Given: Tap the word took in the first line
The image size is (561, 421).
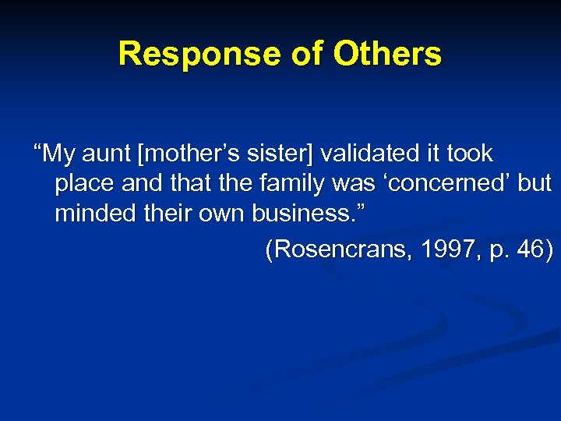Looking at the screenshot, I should point(468,154).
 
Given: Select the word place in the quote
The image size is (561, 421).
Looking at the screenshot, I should point(83,185).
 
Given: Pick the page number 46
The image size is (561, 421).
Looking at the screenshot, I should point(533,249).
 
